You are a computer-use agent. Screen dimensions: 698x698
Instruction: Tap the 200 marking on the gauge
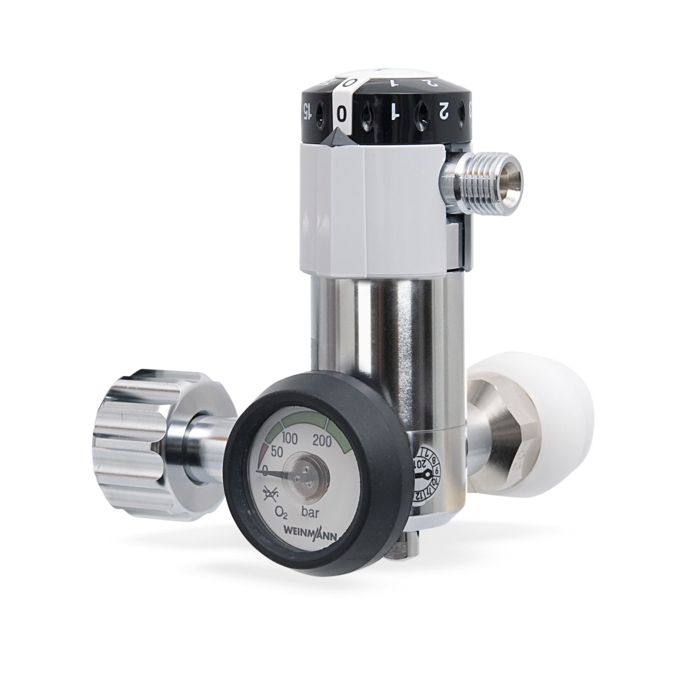[322, 442]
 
